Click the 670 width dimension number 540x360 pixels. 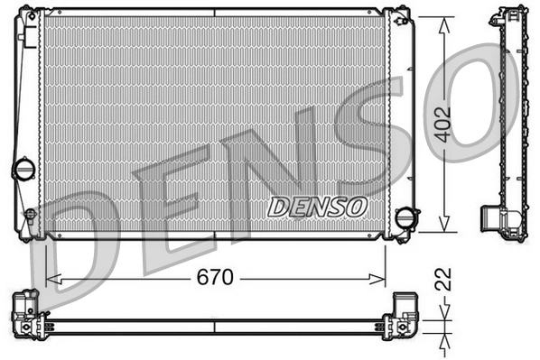click(x=215, y=277)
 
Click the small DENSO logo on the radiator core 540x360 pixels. click(x=318, y=207)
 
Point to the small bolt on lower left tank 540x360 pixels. click(x=30, y=215)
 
